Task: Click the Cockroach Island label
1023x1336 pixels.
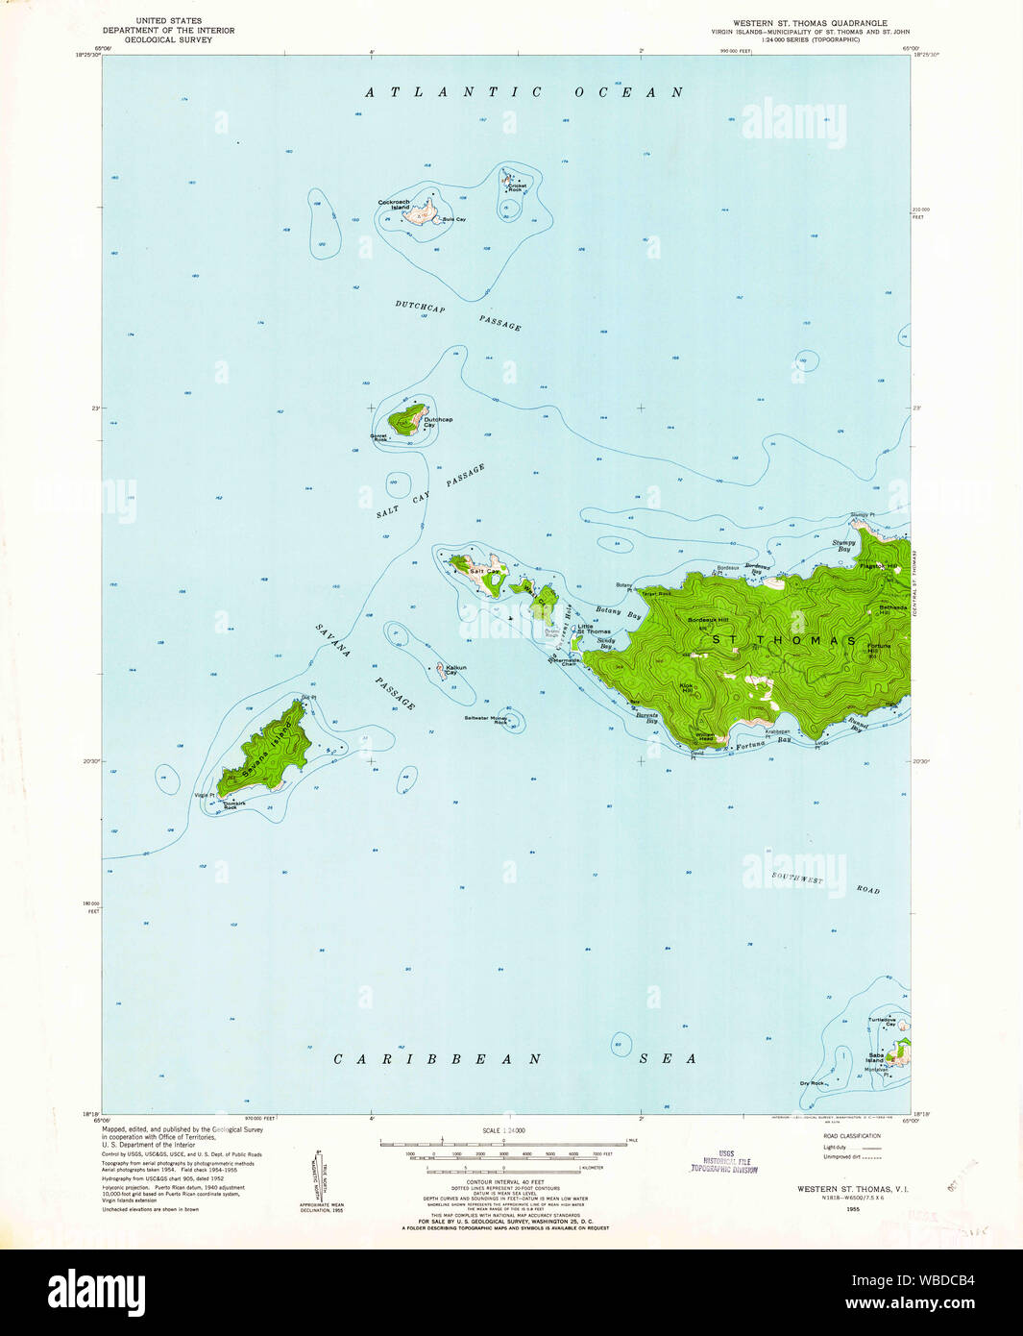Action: [x=394, y=204]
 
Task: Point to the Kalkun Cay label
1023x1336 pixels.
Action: [x=455, y=669]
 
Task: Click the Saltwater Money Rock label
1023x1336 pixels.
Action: [x=486, y=719]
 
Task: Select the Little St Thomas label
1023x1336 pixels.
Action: [x=593, y=629]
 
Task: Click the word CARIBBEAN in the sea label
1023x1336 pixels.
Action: [x=437, y=1058]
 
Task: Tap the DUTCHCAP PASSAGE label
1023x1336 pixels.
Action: [x=457, y=315]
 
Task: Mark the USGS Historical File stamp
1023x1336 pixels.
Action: [x=723, y=1162]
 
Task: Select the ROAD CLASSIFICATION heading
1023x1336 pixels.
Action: [x=851, y=1136]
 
